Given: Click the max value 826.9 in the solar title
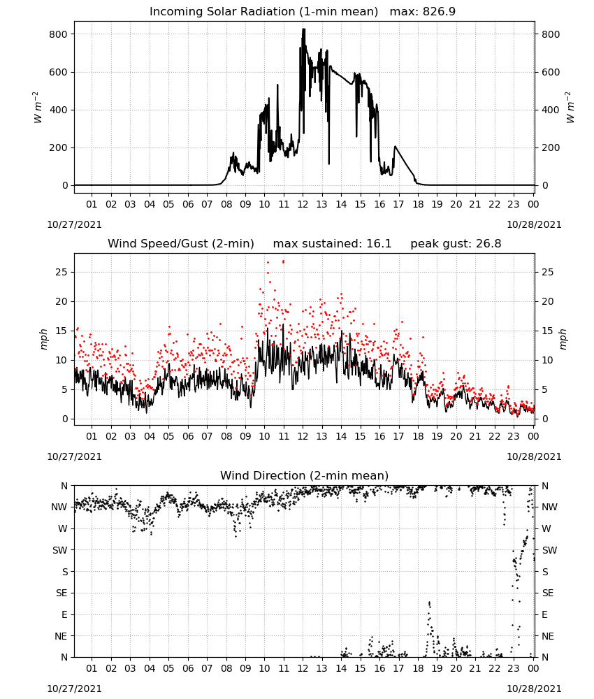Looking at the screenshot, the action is (439, 11).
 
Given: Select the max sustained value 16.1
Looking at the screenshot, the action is (379, 243).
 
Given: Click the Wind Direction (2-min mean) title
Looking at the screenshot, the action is (305, 475).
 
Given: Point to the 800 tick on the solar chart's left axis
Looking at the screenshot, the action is (59, 34).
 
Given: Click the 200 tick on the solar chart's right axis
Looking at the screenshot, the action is (551, 147).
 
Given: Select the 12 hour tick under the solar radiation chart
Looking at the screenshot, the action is (303, 204).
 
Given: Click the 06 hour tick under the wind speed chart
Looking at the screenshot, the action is (188, 436).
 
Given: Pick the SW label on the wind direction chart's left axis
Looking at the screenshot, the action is (60, 550).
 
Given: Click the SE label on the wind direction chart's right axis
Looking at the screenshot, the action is (548, 593).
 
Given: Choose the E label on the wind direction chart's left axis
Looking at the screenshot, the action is (64, 614).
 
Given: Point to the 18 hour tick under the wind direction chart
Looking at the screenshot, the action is (418, 668).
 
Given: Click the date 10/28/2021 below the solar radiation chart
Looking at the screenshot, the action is (535, 224).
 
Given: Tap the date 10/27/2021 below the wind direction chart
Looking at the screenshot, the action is (74, 689).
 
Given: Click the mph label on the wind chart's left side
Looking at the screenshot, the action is (43, 339).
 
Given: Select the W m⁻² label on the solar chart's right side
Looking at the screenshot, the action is (570, 108).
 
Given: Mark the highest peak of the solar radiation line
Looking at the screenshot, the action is (303, 29).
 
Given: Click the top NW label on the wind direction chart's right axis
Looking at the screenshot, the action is (549, 507).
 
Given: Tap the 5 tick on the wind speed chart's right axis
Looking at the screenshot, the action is (544, 389).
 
